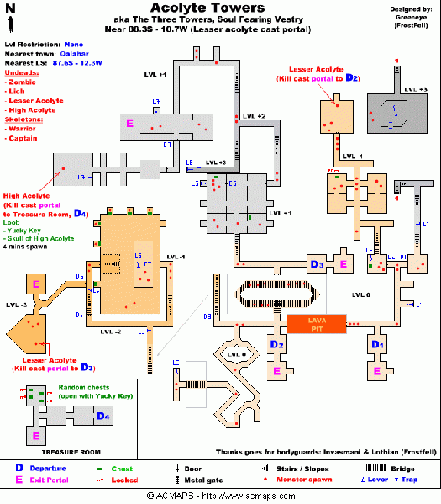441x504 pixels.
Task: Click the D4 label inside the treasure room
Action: [102, 416]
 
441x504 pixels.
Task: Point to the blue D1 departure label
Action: [377, 345]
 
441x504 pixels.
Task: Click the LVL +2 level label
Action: [254, 115]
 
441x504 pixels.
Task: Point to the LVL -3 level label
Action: [15, 305]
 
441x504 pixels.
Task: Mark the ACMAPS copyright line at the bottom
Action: [220, 496]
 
